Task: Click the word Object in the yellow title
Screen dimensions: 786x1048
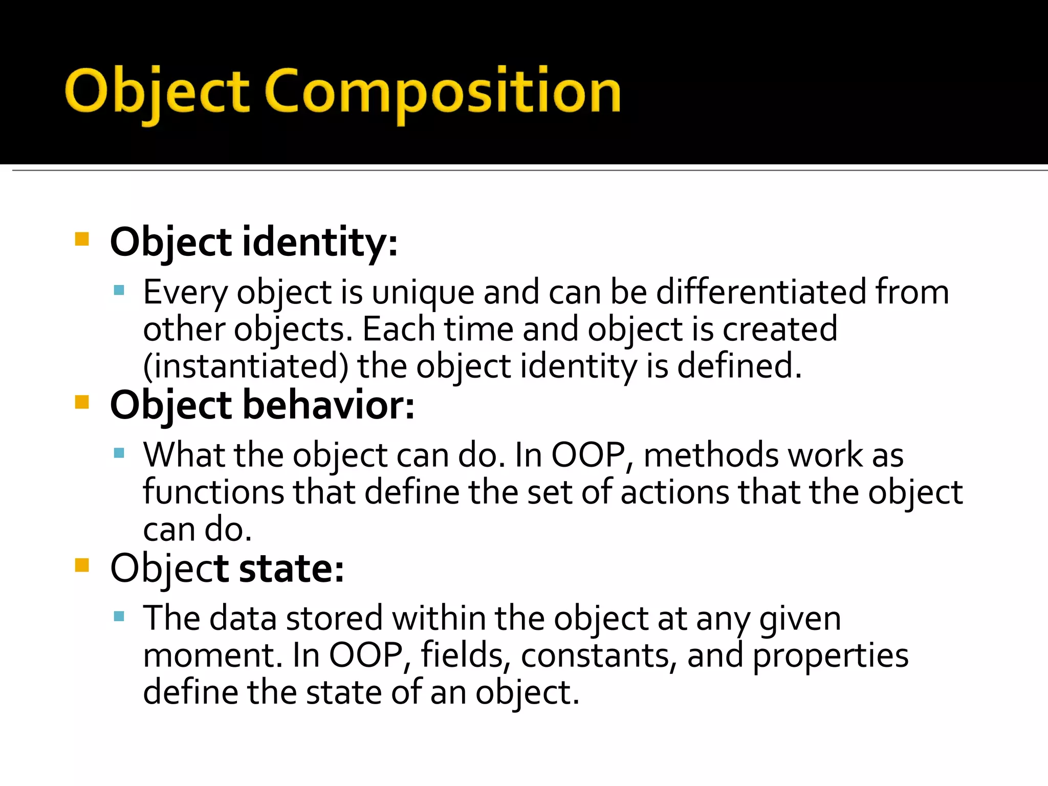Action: (x=157, y=92)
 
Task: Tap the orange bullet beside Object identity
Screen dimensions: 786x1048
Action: (x=82, y=239)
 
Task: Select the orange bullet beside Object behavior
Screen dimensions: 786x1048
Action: (x=82, y=402)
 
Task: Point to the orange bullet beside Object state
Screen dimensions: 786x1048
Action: (x=82, y=565)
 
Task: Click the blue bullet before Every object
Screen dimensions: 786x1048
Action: (x=119, y=291)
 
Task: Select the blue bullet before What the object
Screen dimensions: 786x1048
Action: (x=119, y=453)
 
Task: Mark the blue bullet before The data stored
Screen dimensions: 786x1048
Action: (x=119, y=616)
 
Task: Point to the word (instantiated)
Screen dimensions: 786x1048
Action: (x=246, y=366)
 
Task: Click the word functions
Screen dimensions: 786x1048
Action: (x=213, y=492)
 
